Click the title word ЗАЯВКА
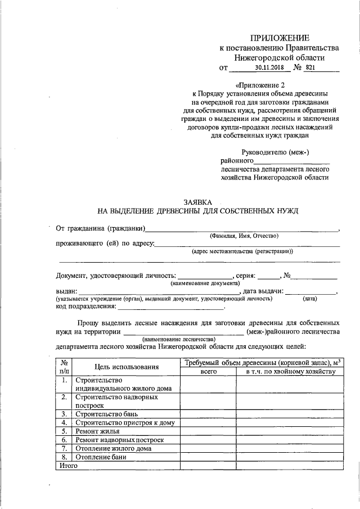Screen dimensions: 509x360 [x=199, y=201]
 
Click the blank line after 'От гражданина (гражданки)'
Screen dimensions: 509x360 [x=242, y=229]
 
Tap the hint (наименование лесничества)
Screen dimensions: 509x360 [x=179, y=340]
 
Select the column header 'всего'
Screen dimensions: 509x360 [x=208, y=372]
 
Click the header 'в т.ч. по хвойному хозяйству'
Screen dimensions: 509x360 [x=287, y=372]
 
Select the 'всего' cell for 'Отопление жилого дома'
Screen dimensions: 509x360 [x=208, y=448]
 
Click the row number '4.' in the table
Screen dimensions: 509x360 [x=64, y=422]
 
